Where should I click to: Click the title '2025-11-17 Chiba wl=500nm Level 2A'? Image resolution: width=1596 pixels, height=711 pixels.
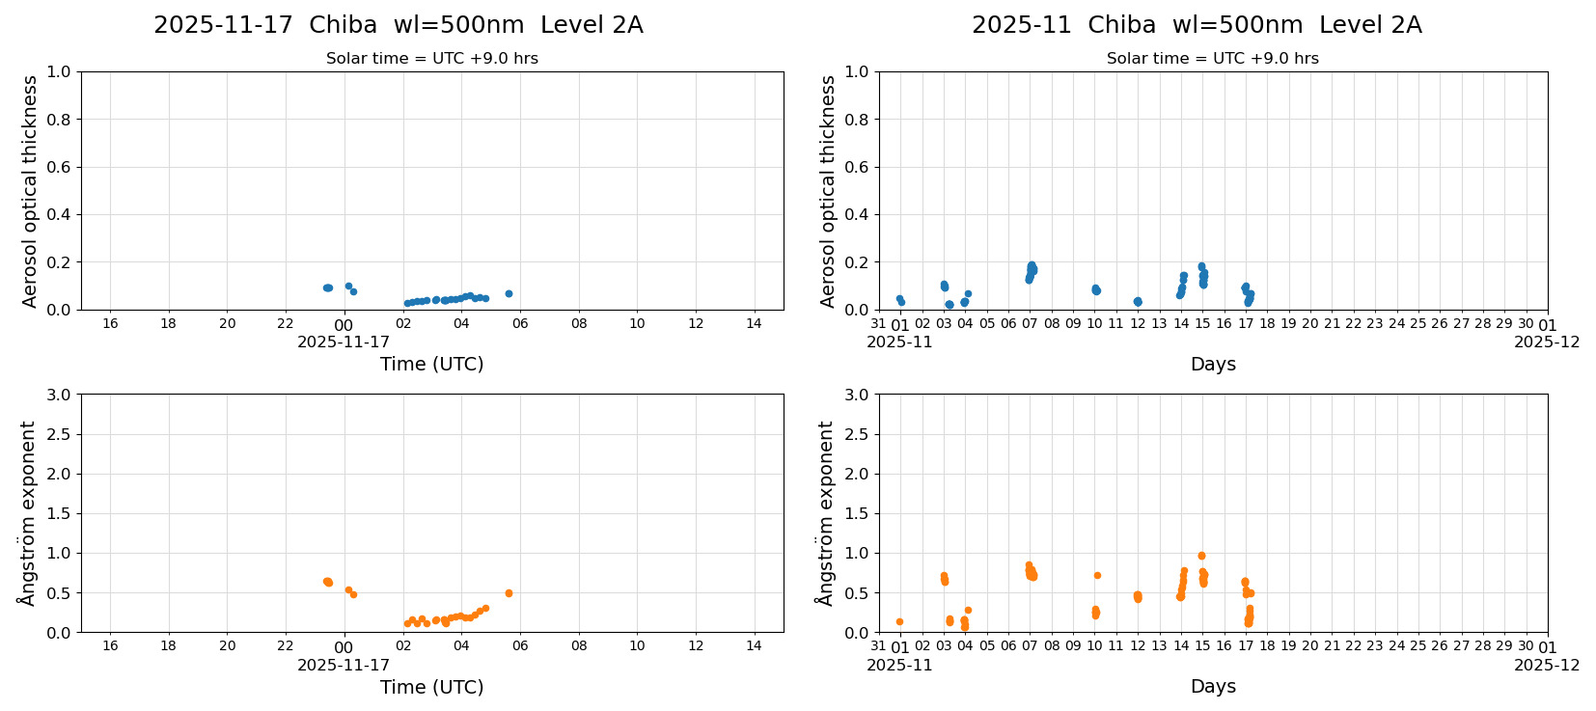[398, 25]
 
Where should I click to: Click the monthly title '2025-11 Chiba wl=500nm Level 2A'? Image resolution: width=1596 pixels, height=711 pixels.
[1196, 25]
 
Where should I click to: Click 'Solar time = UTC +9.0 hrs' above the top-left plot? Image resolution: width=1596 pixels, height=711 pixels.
[431, 59]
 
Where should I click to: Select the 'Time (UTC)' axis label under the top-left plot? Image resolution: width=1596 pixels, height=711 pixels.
[431, 364]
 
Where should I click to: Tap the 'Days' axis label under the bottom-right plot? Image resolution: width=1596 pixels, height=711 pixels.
[1212, 686]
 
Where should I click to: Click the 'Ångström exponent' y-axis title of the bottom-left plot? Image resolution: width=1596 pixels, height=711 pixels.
[28, 513]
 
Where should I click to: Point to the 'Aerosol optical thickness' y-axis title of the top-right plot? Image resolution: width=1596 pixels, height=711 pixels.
[827, 191]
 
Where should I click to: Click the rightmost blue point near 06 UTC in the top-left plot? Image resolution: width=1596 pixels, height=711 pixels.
[509, 293]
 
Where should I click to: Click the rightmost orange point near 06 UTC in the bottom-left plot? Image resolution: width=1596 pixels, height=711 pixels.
[509, 593]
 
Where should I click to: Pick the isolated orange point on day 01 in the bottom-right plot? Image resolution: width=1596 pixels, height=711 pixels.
[899, 621]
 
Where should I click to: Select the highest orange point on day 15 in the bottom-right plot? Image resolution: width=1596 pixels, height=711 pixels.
[1201, 556]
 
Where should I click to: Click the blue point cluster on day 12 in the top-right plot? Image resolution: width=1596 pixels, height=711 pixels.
[1138, 302]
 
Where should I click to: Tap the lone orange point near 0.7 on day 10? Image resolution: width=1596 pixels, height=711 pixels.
[1097, 575]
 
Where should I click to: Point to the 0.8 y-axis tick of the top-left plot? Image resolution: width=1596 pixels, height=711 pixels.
[59, 120]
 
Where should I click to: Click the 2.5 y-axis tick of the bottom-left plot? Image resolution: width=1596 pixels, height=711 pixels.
[59, 434]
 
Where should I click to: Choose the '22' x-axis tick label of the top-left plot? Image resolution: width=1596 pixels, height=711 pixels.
[286, 323]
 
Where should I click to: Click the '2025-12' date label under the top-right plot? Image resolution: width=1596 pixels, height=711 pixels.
[1547, 342]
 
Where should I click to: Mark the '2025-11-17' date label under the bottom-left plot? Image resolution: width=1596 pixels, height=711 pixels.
[344, 665]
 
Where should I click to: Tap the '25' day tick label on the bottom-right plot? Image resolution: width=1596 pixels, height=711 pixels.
[1417, 646]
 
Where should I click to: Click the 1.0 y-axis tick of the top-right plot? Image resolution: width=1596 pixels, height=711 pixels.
[857, 71]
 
